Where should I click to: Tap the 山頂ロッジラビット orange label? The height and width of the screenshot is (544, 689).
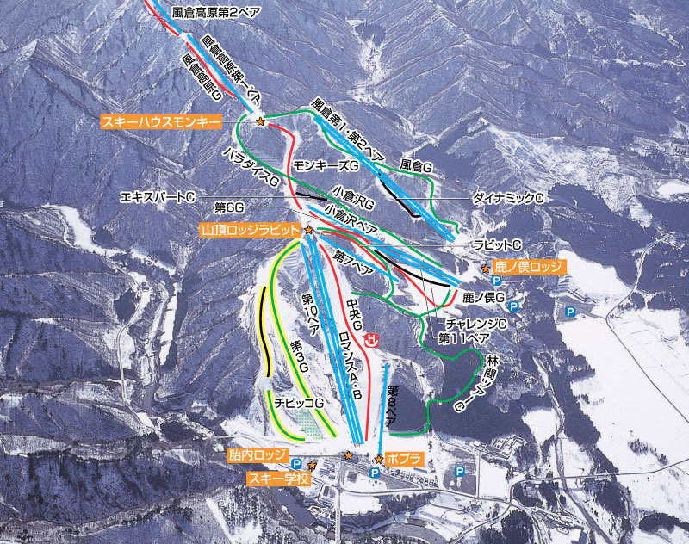click(250, 231)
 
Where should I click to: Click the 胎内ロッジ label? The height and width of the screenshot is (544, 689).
click(256, 454)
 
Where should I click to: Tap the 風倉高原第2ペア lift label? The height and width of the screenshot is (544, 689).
click(215, 12)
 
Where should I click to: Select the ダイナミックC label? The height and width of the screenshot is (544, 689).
click(509, 197)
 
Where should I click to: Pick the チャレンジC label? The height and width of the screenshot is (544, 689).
click(476, 323)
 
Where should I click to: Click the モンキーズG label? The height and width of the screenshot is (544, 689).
click(325, 164)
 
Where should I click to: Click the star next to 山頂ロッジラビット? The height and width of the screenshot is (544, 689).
click(308, 231)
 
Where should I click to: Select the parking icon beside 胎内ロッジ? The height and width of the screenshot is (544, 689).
click(296, 463)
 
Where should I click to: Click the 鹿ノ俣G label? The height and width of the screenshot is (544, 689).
click(482, 297)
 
